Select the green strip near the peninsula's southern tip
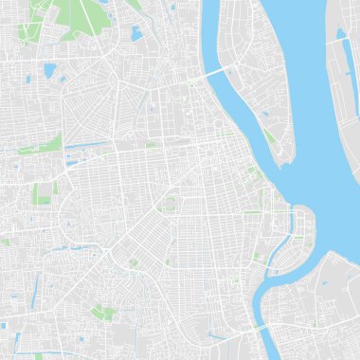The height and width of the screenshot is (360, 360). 272,138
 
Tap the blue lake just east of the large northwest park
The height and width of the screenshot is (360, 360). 136,34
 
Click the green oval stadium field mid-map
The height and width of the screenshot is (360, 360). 170,204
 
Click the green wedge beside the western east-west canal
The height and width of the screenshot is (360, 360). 52,143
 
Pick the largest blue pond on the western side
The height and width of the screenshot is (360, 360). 49,70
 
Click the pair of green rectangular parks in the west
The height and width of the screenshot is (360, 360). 43,193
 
